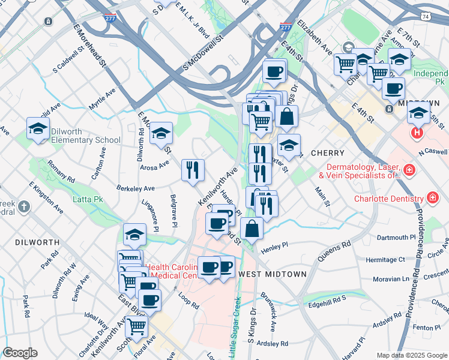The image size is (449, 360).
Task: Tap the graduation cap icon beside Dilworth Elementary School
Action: click(x=38, y=128)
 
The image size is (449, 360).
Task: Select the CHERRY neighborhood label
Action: click(x=328, y=153)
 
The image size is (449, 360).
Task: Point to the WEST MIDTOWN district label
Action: click(x=273, y=274)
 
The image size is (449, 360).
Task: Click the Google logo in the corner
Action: click(x=20, y=353)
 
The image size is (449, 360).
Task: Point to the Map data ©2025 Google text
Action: click(x=412, y=355)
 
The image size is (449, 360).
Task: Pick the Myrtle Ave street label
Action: click(x=101, y=100)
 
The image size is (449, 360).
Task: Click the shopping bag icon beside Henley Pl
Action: click(x=252, y=228)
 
